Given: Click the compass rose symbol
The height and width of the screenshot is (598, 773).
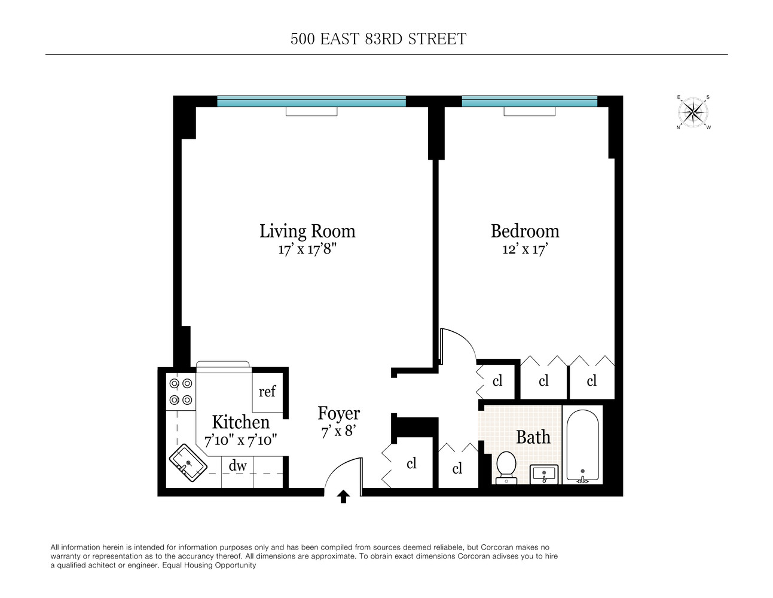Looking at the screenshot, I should pos(693,112).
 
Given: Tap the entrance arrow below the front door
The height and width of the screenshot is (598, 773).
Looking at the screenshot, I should pos(344,496).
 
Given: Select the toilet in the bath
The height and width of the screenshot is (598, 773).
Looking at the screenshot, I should pos(506,466).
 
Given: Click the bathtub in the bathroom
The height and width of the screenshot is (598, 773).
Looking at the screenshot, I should pos(582,446).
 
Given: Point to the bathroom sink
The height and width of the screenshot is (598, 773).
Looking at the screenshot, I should pos(544,474).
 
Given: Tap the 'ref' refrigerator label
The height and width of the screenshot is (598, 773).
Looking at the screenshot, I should pos(267,392).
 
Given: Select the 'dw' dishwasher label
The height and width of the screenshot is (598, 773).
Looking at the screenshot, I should pos(237,466).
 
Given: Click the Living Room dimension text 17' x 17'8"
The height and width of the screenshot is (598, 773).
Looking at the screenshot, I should pos(307,249).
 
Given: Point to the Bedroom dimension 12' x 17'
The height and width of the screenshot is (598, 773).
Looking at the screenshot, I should pos(525,249).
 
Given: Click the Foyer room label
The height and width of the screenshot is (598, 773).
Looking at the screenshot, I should pos(338,413).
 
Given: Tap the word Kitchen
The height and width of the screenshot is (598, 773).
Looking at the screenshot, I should pos(240,422).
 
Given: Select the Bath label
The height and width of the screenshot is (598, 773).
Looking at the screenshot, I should pos(533,437).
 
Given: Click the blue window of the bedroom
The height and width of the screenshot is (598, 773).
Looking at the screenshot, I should pos(529,102).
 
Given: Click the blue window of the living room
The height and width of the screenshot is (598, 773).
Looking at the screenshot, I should pos(311,102).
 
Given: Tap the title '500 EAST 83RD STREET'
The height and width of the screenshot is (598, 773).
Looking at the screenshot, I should pos(378,39).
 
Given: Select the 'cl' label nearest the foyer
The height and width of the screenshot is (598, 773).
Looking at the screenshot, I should pos(411,463).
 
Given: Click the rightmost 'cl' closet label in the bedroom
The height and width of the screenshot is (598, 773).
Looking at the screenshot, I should pos(591,381).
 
